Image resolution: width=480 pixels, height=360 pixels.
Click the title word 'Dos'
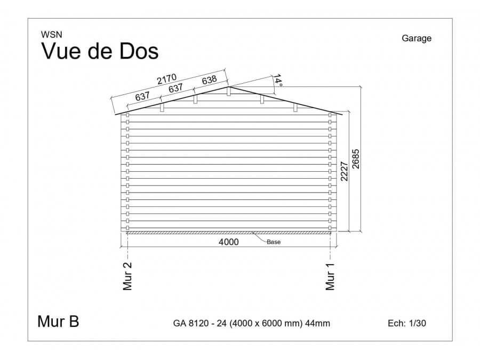[x=139, y=51]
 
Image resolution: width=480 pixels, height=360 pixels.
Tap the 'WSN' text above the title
[x=51, y=35]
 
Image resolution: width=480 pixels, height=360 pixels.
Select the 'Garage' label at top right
[x=417, y=38]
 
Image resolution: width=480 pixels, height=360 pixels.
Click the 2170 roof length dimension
[x=167, y=79]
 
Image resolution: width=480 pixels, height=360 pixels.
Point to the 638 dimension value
[x=210, y=80]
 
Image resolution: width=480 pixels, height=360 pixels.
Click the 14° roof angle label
[x=277, y=79]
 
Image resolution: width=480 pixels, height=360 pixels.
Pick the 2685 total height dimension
[x=356, y=159]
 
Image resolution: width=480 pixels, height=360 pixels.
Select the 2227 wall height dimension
[x=345, y=171]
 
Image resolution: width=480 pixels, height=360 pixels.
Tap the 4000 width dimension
[x=229, y=242]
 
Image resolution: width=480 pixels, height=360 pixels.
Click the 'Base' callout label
[x=274, y=242]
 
